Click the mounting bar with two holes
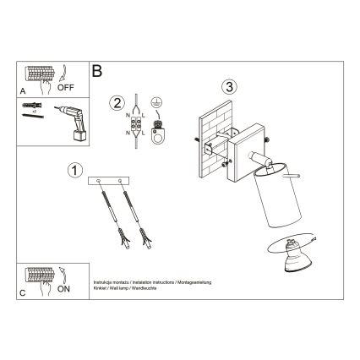[112, 181]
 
